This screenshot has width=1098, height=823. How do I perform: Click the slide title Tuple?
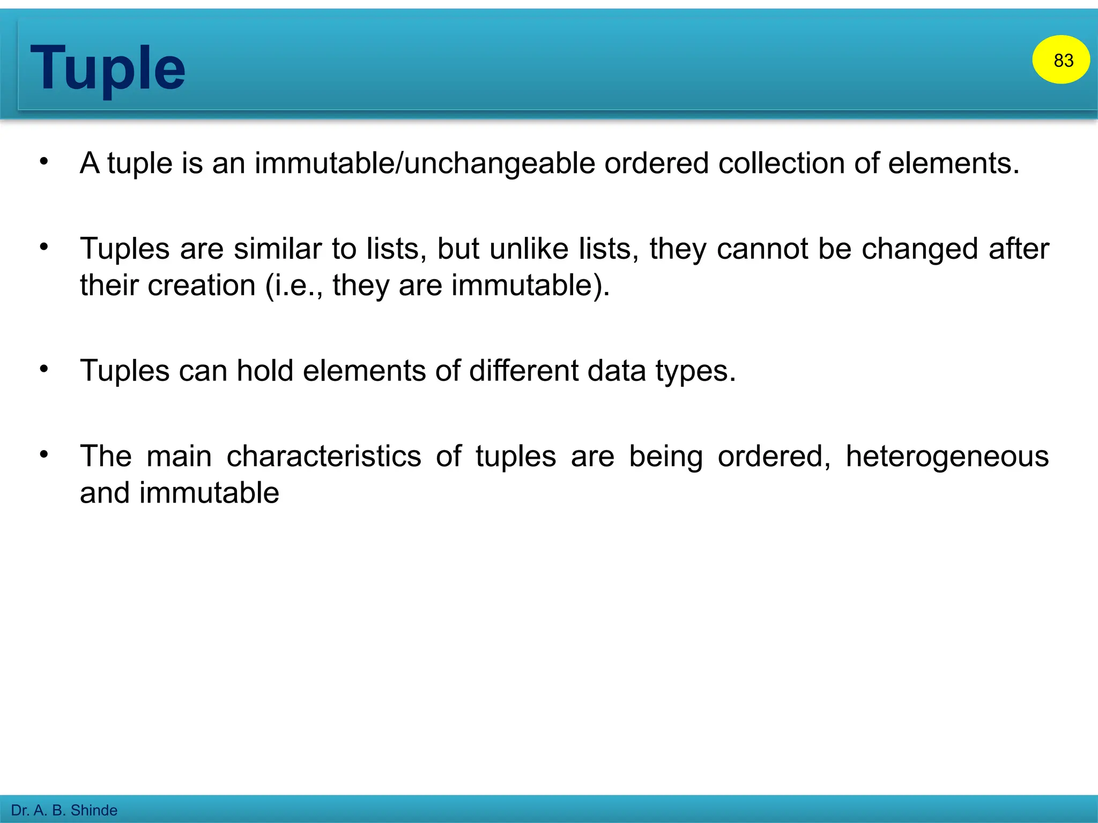click(x=108, y=69)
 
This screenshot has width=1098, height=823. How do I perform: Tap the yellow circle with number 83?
click(x=1060, y=59)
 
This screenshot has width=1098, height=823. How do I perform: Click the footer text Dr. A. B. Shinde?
click(x=64, y=810)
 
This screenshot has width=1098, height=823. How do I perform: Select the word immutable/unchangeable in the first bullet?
click(x=425, y=163)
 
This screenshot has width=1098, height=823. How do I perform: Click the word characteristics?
click(x=324, y=457)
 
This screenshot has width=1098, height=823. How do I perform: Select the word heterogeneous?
click(x=947, y=457)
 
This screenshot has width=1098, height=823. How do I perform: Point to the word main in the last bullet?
click(x=179, y=457)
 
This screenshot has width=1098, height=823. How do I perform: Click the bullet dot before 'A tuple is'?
click(x=44, y=161)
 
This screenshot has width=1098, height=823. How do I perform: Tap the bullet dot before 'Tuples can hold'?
click(x=44, y=369)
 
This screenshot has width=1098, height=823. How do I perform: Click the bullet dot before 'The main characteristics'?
click(x=44, y=454)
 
